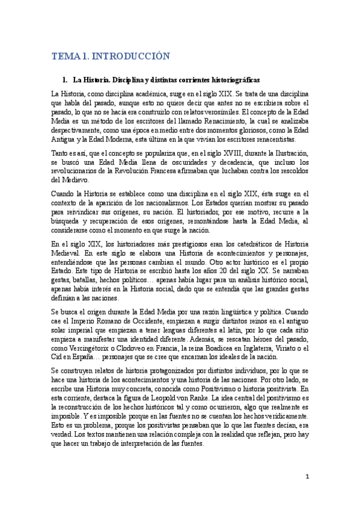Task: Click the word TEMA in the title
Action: (x=64, y=57)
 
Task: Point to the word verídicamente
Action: (x=280, y=399)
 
